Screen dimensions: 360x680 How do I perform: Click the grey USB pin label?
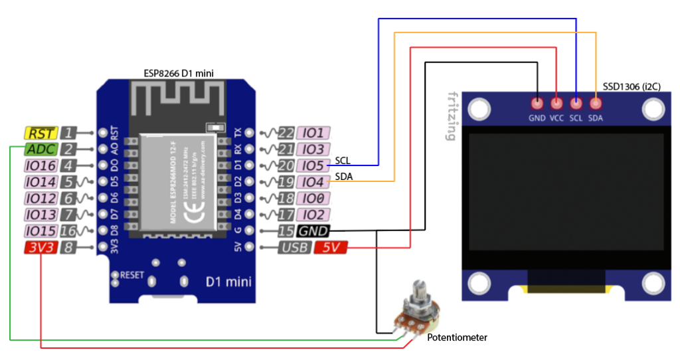(x=294, y=248)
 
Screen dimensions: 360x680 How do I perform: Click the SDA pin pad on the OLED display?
(x=596, y=104)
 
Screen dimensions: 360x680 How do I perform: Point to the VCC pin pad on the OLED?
(x=556, y=104)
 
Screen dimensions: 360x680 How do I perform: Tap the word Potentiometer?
(x=457, y=337)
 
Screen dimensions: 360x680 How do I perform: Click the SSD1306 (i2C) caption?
(x=634, y=86)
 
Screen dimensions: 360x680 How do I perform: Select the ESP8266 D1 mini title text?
(x=179, y=72)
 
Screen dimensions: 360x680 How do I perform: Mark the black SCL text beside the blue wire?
(x=343, y=160)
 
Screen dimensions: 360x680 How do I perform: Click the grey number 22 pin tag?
(x=286, y=133)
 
